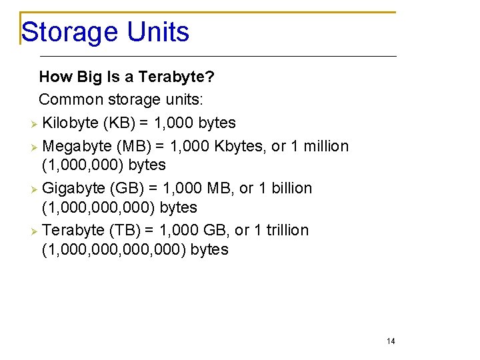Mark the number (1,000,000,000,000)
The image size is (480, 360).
pos(114,250)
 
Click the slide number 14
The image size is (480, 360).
pos(391,341)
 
